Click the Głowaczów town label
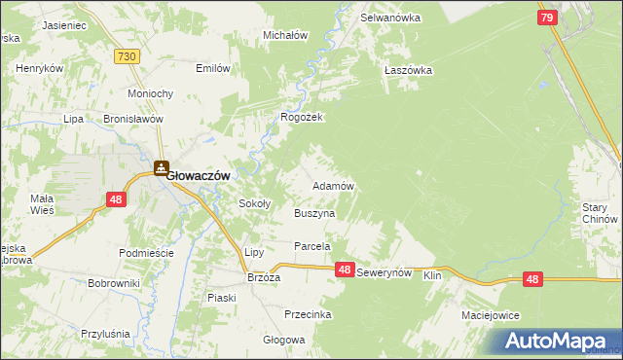[x=199, y=175]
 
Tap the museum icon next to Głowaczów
[x=161, y=168]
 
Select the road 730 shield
[x=125, y=58]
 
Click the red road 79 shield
[x=547, y=18]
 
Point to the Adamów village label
[x=331, y=185]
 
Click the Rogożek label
[x=301, y=117]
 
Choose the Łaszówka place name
[x=408, y=70]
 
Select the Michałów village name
[x=285, y=35]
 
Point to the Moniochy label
[x=151, y=93]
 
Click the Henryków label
[x=40, y=69]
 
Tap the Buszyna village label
[x=314, y=212]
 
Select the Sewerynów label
[x=386, y=275]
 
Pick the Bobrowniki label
[x=114, y=283]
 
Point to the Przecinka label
[x=308, y=314]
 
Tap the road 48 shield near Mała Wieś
[x=116, y=199]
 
